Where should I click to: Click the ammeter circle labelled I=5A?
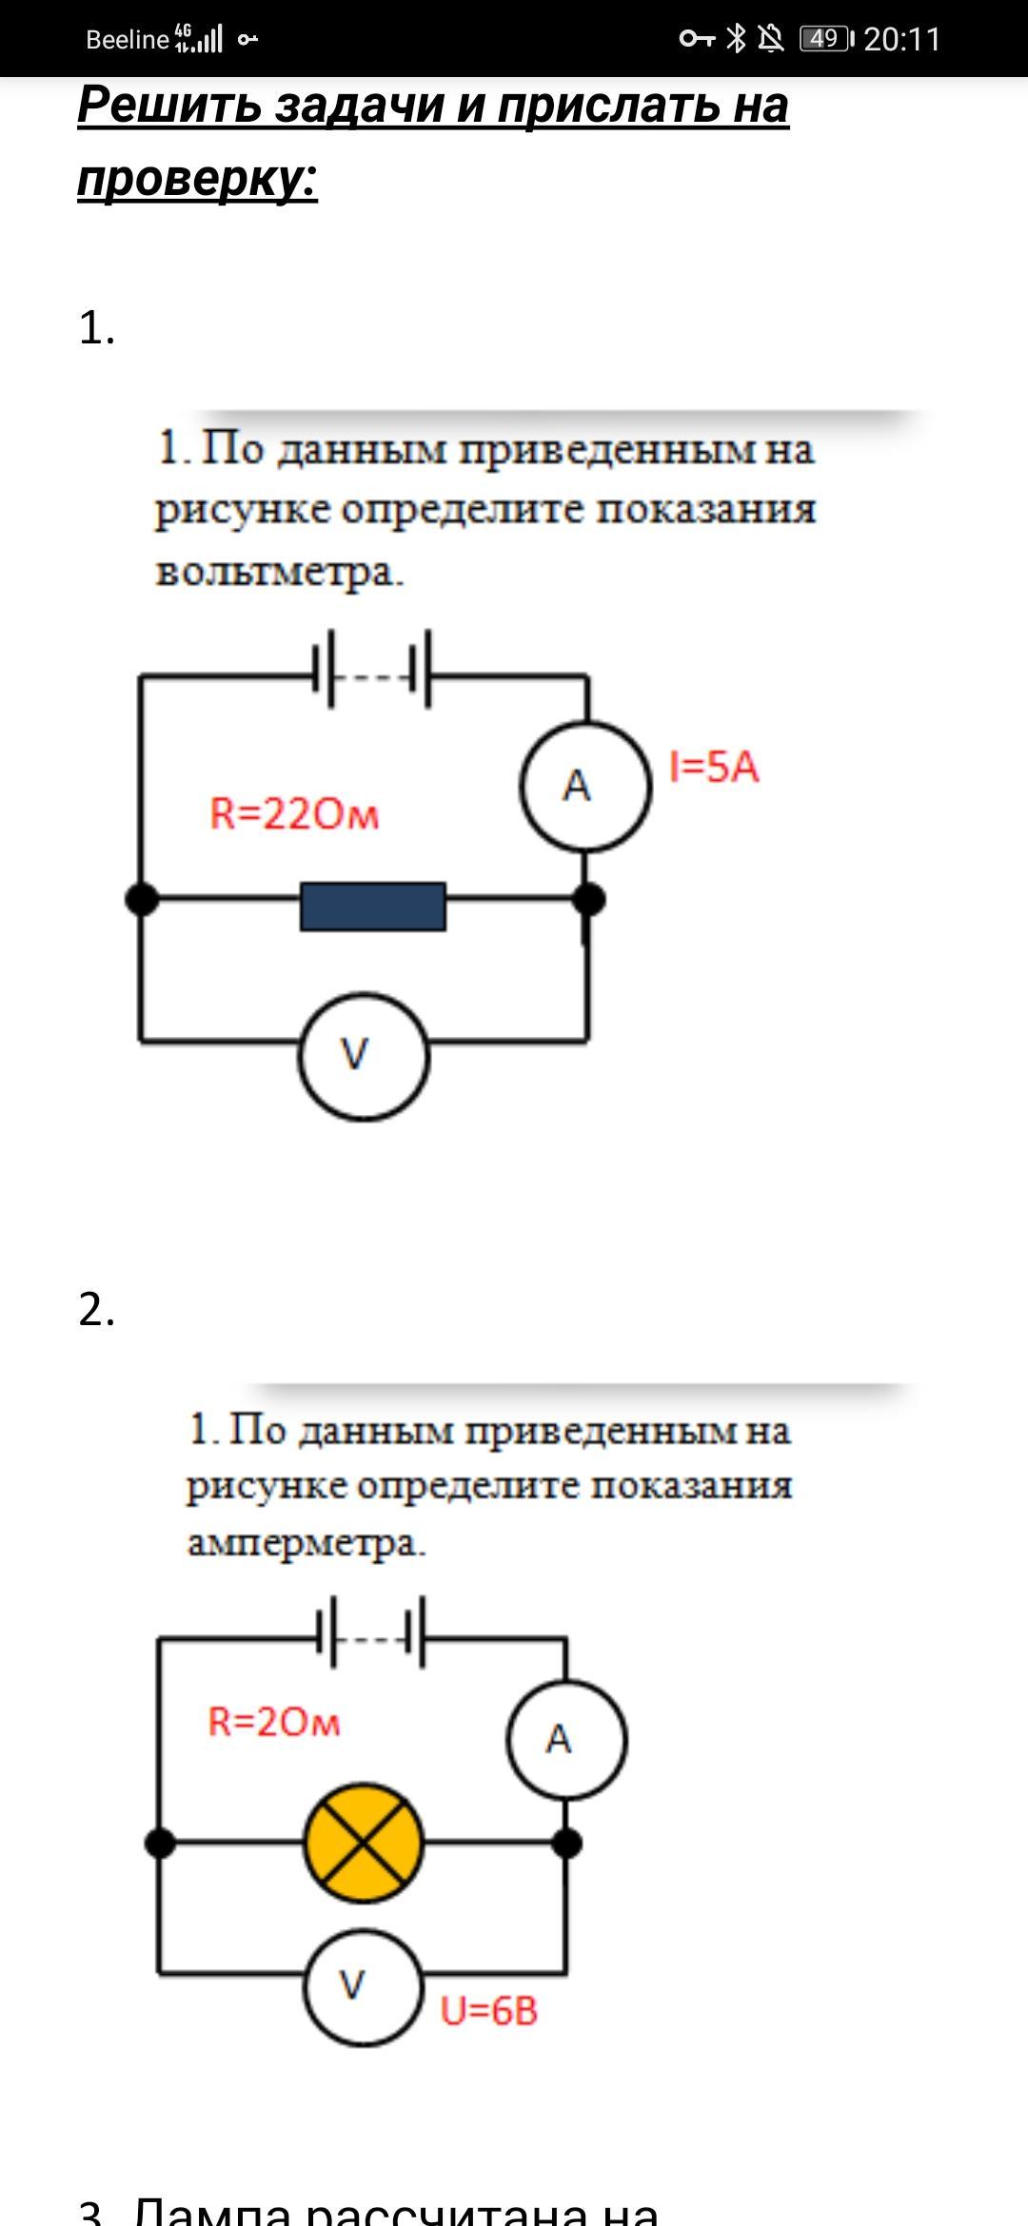585,786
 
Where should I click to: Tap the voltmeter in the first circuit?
364,1056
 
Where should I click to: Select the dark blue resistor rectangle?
373,906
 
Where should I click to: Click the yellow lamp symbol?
363,1844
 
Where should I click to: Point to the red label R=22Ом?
294,814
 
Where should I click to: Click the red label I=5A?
714,767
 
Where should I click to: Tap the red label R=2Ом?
274,1722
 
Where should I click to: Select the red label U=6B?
489,2011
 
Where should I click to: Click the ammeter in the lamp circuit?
566,1739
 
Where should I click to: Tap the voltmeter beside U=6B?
363,1986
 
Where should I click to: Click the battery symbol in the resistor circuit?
372,670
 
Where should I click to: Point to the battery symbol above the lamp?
371,1632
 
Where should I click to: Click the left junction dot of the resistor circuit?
142,898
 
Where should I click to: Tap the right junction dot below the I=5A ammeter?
588,898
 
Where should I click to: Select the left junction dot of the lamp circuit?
160,1844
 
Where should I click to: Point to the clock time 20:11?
901,39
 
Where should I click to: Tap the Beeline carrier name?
127,39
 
